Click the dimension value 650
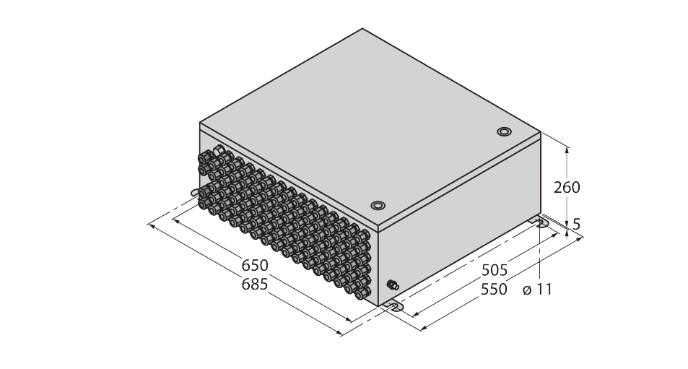coord(255,266)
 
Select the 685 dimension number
coord(255,285)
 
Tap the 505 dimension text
coord(495,270)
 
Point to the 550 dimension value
coord(494,290)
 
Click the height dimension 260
coord(567,188)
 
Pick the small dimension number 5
coord(577,224)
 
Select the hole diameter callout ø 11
coord(538,290)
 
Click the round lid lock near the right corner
coord(504,131)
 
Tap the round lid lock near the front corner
coord(378,205)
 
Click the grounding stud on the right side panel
coord(393,285)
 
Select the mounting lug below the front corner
coord(393,306)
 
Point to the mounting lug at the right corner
coord(539,222)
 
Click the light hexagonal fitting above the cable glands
coord(219,152)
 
